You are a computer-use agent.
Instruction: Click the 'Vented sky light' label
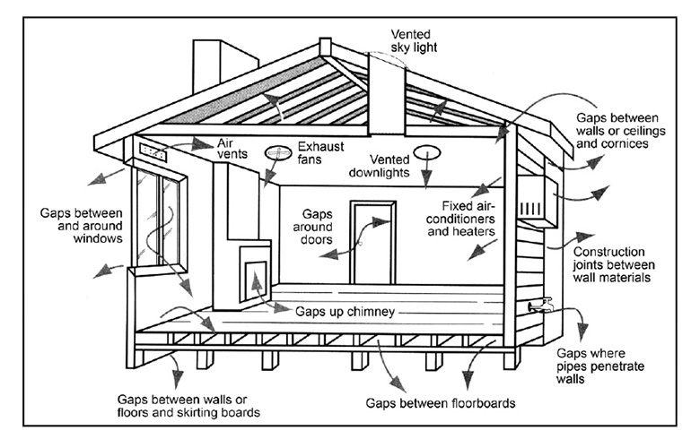tap(414, 40)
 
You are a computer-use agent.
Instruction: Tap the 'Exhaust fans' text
tap(320, 152)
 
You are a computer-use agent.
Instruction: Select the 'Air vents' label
tap(232, 149)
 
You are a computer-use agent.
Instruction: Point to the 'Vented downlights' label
tap(379, 166)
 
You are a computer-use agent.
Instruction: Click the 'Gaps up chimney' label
tap(345, 311)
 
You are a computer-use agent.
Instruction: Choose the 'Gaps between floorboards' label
tap(440, 403)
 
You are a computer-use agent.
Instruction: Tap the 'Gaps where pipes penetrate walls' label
tap(600, 366)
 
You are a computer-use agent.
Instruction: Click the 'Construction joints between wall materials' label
tap(613, 264)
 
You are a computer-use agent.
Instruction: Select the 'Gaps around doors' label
tap(313, 227)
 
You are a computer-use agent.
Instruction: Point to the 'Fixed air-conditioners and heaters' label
tap(460, 219)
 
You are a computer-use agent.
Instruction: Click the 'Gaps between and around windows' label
tap(82, 225)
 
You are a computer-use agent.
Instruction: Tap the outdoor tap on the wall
tap(541, 305)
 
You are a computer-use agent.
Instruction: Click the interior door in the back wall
tap(373, 242)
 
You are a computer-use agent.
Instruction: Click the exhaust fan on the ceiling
tap(277, 153)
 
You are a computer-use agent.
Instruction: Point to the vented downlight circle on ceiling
tap(427, 152)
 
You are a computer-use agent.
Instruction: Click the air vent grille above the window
tap(153, 151)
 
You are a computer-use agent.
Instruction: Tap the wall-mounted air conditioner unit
tap(537, 202)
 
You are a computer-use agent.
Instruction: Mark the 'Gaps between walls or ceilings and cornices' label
tap(620, 130)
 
